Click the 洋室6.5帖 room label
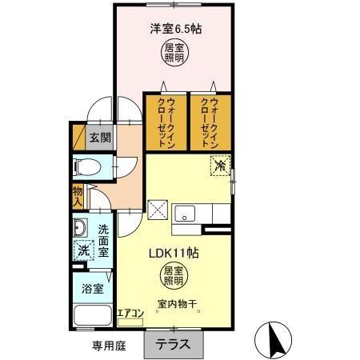pos(175,30)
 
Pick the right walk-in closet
pos(210,122)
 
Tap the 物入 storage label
pos(78,196)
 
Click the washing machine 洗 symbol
pos(83,250)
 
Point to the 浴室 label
pos(93,287)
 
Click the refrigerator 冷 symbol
pos(220,166)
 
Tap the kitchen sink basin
pos(186,213)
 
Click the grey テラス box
pos(174,343)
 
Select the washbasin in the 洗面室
pos(82,229)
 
